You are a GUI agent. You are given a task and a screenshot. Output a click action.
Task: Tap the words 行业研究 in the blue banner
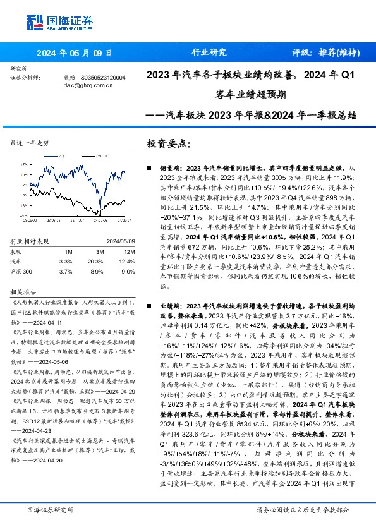[209, 52]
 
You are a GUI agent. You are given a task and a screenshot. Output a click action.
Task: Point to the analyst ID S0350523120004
[103, 78]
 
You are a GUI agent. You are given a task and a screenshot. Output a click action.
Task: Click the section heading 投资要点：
[169, 143]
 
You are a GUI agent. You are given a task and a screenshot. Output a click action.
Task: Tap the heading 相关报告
[22, 293]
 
